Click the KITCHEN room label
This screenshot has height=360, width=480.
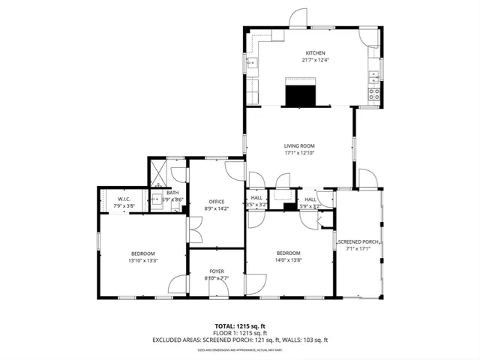point(315,52)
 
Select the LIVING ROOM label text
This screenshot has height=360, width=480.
point(298,145)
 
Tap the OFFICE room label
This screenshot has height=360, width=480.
point(217,202)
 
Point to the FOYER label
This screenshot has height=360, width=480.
point(217,270)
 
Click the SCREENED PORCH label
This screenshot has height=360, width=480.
point(358,241)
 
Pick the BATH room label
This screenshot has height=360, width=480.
point(172,193)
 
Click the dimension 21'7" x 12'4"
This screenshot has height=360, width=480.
point(315,60)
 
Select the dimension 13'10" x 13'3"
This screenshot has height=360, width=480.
point(142,260)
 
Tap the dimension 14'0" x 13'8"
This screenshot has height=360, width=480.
point(288,260)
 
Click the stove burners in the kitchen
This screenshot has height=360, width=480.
point(373,93)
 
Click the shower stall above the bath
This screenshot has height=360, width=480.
point(159,171)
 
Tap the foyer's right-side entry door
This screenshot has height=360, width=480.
point(256,283)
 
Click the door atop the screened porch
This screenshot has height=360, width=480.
point(368,178)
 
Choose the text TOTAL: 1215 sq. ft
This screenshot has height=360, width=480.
point(240,325)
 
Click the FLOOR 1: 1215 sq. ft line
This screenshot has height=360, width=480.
point(240,332)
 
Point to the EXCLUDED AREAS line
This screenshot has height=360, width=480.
point(240,339)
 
